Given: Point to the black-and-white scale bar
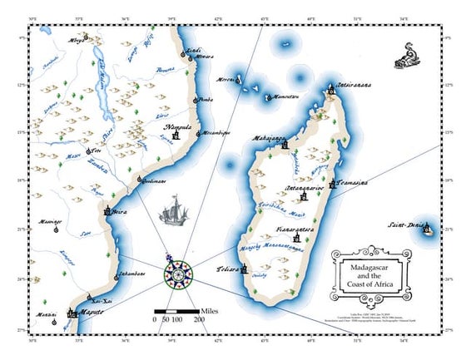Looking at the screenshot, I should (176, 312).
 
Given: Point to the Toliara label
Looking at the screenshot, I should (227, 269).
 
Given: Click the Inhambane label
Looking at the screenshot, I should (129, 273).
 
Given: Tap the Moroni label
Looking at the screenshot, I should (227, 80).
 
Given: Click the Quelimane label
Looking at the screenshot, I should (153, 180).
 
